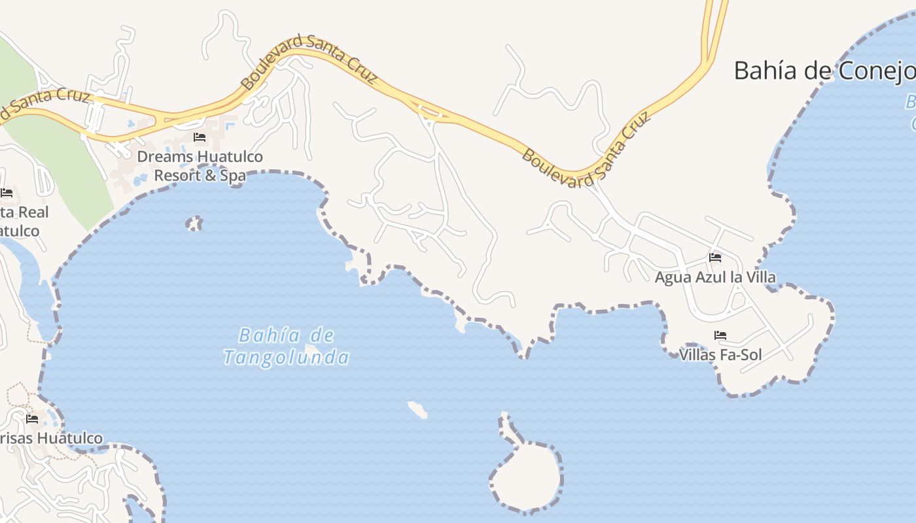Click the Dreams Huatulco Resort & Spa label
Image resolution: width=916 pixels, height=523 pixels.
200,166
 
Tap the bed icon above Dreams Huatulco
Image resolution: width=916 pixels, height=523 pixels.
200,137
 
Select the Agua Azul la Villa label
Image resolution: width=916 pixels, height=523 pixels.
715,277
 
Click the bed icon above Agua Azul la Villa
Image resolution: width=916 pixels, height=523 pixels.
715,258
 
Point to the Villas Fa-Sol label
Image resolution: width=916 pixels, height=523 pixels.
720,355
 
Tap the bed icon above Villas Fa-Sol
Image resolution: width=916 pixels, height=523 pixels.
720,335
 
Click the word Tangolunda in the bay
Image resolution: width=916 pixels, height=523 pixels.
286,358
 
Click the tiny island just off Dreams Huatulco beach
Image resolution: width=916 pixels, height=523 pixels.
194,224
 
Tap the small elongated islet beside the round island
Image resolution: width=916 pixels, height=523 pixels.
417,410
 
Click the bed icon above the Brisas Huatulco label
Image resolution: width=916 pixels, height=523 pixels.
31,418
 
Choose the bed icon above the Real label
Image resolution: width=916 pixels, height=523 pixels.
7,193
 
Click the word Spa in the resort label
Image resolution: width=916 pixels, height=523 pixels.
234,176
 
